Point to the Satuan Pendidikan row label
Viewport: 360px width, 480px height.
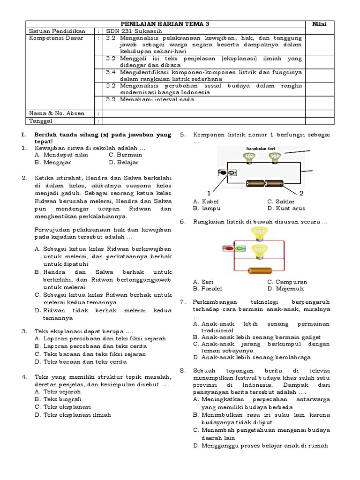pos(53,31)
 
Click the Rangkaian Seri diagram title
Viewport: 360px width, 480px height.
pos(261,150)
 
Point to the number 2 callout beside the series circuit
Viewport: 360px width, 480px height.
pos(301,193)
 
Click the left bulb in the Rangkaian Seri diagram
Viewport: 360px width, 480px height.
pos(248,158)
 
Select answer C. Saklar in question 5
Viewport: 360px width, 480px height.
pos(281,201)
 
